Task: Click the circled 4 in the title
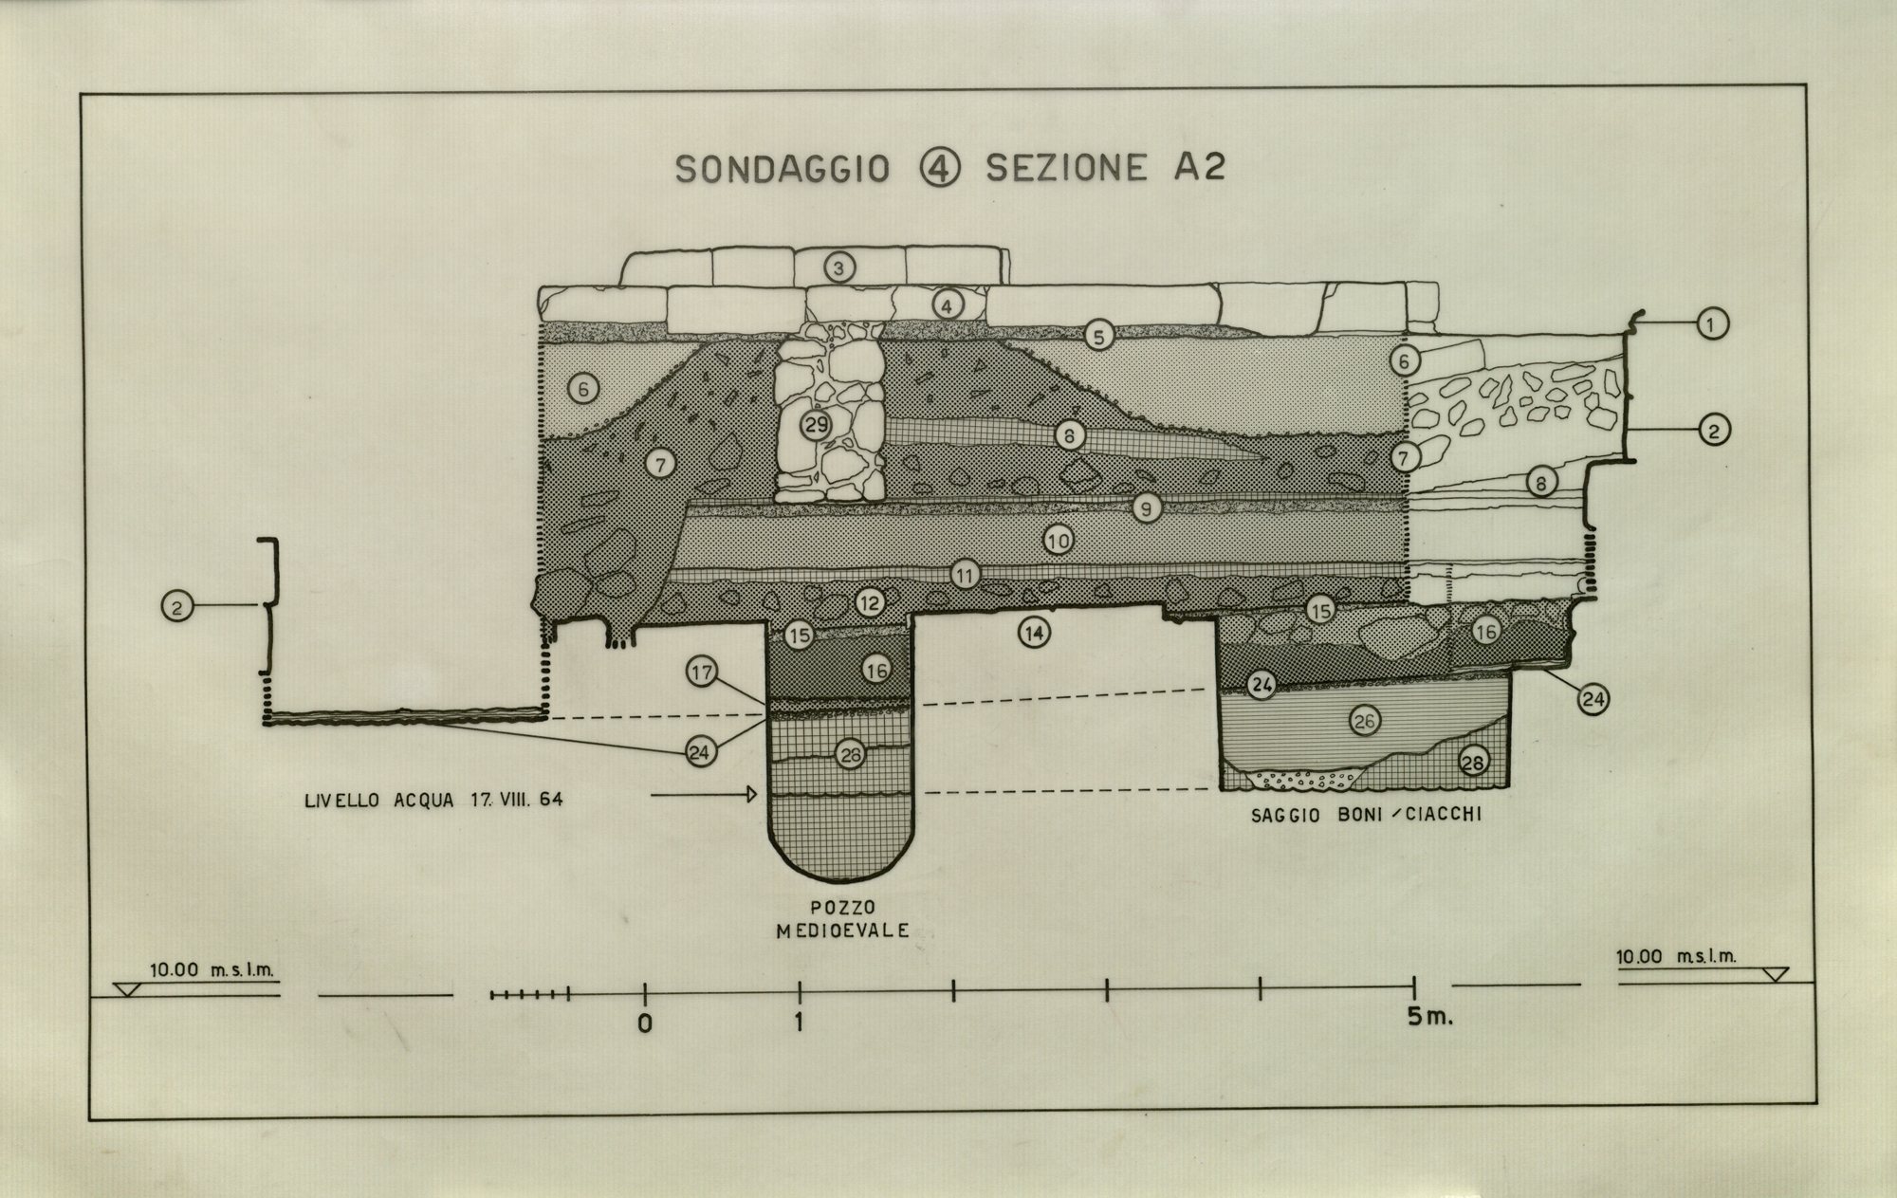click(940, 168)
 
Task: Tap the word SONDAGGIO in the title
click(783, 169)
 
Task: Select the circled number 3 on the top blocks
click(838, 267)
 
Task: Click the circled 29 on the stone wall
click(816, 425)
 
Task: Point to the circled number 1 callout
click(1710, 324)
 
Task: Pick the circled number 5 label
click(1098, 335)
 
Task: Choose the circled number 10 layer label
click(1059, 541)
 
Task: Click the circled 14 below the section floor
click(1034, 632)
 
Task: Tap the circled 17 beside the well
click(701, 673)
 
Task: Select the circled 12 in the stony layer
click(870, 601)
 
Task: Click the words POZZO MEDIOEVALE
click(842, 918)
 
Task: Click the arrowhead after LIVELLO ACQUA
click(754, 794)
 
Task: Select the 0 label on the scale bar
click(645, 1024)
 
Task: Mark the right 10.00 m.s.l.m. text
click(1676, 957)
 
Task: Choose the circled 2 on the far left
click(177, 605)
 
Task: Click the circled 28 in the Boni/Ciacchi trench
click(1472, 761)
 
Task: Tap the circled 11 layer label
click(965, 575)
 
